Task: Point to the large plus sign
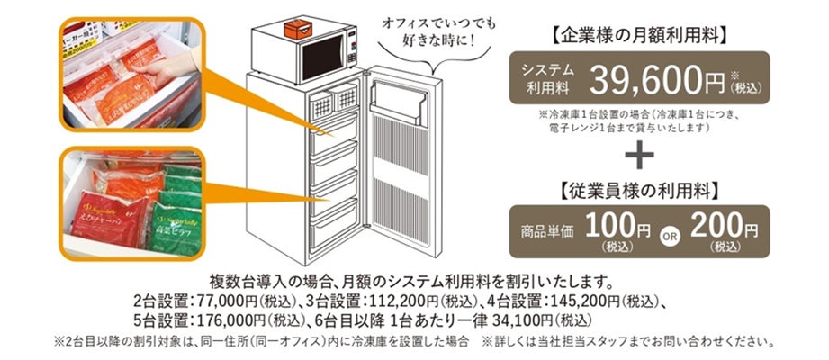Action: pos(637,154)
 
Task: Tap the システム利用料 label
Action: pos(545,80)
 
